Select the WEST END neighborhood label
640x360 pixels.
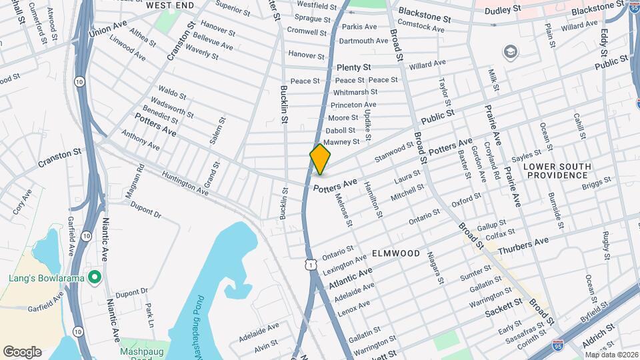tap(170, 5)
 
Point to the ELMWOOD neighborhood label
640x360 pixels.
tap(396, 254)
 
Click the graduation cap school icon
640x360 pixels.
tap(511, 52)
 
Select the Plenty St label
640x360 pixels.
tap(353, 68)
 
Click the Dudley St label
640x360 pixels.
tap(502, 10)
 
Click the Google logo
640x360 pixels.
tap(22, 351)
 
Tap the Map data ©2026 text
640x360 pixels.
tap(610, 355)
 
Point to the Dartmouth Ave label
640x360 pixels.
tap(363, 41)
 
